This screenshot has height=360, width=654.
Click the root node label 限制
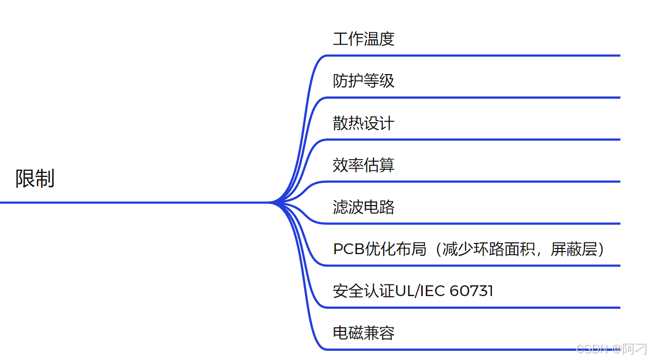[x=35, y=178]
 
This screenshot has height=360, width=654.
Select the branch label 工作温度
[x=363, y=39]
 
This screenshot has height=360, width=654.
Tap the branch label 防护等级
[x=363, y=81]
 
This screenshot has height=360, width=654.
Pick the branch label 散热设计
[x=363, y=123]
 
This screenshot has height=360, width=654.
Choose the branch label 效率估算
[x=363, y=165]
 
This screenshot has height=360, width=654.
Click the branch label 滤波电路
[x=363, y=207]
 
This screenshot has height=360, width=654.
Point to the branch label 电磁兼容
[x=363, y=333]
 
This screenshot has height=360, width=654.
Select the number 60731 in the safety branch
[x=471, y=291]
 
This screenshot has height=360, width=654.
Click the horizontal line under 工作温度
[x=471, y=55]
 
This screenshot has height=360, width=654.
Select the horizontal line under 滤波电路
[x=471, y=223]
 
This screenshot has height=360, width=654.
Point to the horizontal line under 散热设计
[x=471, y=139]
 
